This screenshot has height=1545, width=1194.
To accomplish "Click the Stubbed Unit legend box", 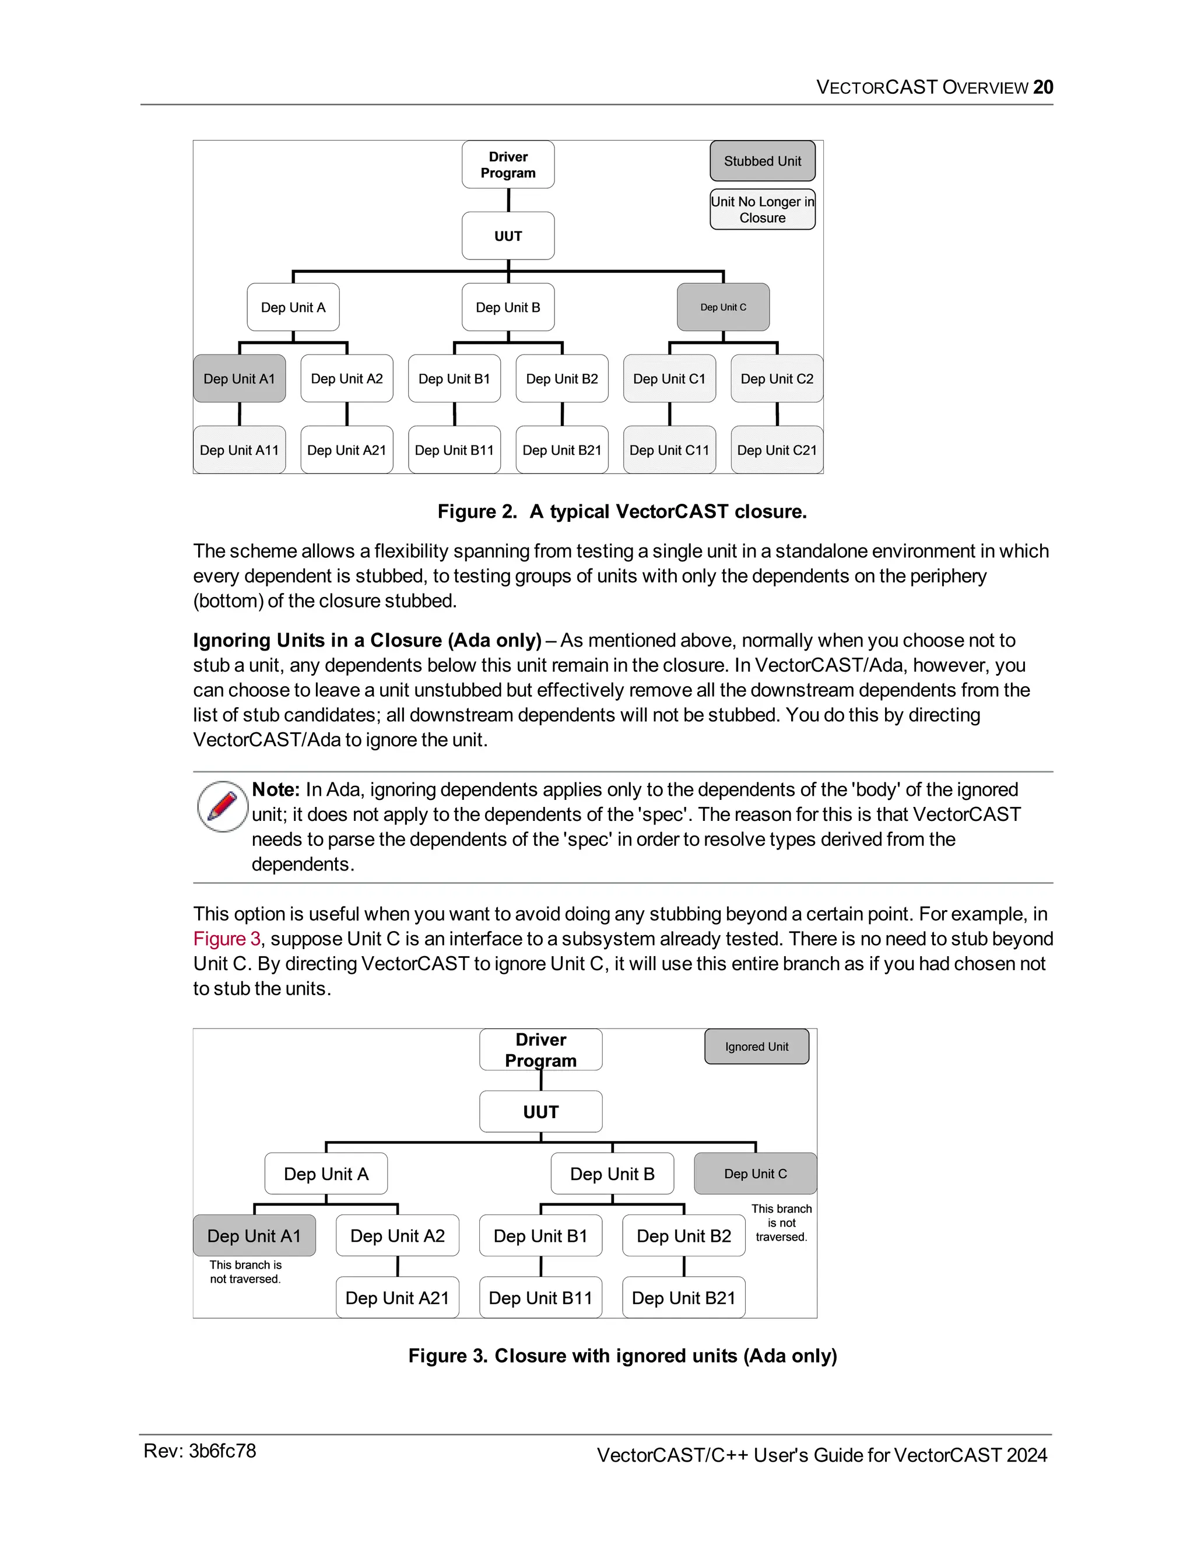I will (762, 161).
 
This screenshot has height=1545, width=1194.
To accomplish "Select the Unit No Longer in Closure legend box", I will (762, 209).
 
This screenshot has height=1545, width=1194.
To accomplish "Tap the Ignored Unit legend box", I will (756, 1047).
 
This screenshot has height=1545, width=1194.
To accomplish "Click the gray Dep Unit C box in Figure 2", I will (723, 307).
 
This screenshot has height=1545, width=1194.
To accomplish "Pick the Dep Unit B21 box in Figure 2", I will (561, 450).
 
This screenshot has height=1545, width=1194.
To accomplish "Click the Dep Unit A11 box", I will (239, 450).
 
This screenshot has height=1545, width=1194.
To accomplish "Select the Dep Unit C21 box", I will (777, 450).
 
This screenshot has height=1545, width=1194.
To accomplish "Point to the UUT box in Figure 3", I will (540, 1111).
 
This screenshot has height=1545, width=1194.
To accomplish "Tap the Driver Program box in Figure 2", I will (508, 165).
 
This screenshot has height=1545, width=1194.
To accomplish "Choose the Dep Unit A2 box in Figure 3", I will (398, 1235).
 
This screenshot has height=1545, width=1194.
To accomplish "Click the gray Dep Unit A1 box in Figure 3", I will (254, 1235).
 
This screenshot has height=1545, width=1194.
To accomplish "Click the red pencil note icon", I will (222, 806).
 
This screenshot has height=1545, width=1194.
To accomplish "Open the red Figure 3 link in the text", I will (226, 939).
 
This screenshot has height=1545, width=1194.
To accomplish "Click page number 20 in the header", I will (1042, 87).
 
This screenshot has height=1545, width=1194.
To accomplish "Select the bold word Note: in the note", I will (276, 789).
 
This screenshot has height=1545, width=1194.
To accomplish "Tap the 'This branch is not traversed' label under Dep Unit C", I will (781, 1223).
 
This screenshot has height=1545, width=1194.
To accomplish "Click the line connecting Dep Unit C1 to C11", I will (670, 414).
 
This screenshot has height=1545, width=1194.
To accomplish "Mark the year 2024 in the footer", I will (1026, 1455).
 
